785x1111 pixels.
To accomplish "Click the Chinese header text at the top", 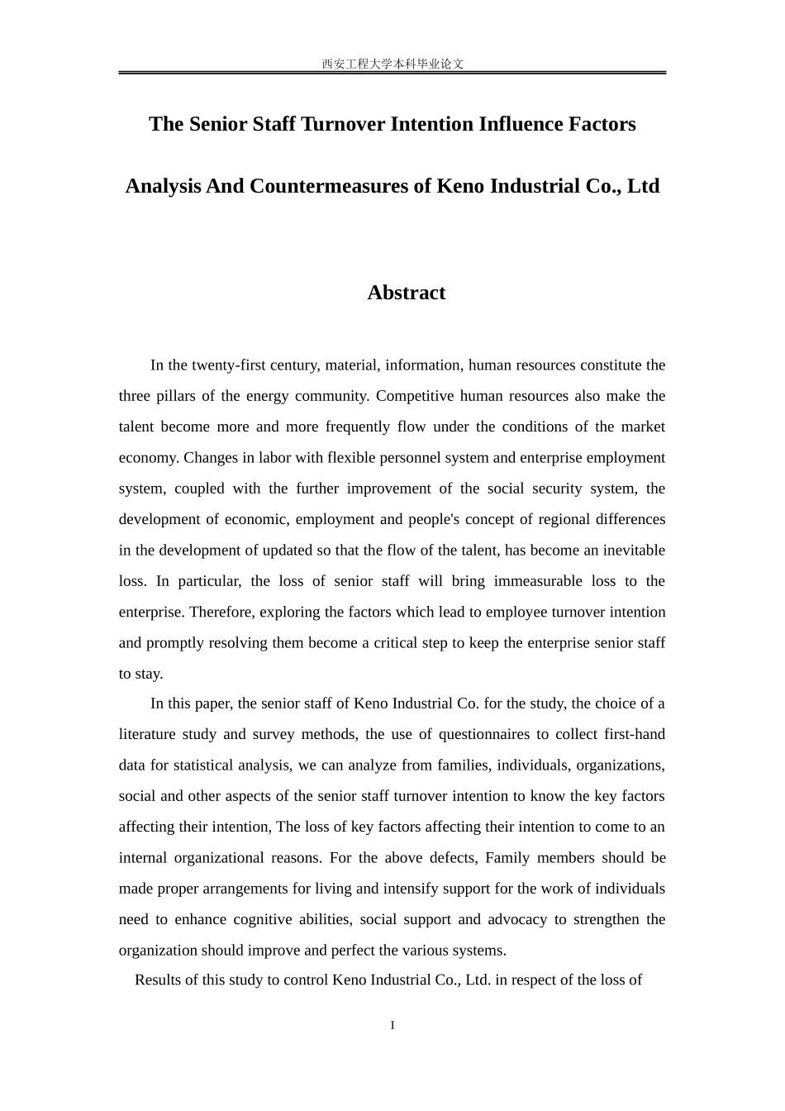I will pyautogui.click(x=392, y=64).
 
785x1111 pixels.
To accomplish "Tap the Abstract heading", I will pyautogui.click(x=406, y=293).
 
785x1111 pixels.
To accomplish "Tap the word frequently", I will pyautogui.click(x=360, y=427).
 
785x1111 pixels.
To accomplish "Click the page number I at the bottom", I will pyautogui.click(x=392, y=1026).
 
